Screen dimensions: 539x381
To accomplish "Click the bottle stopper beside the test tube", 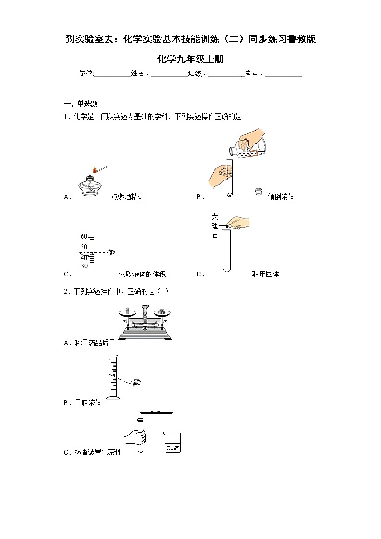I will pyautogui.click(x=258, y=191).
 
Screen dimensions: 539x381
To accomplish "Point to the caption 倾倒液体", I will pyautogui.click(x=281, y=197).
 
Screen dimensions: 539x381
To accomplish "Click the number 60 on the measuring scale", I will pyautogui.click(x=84, y=237).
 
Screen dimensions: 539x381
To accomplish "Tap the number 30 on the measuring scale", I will pyautogui.click(x=84, y=266).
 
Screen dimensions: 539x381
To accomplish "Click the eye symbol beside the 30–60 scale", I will pyautogui.click(x=112, y=252).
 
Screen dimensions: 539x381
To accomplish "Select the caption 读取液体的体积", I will pyautogui.click(x=142, y=275).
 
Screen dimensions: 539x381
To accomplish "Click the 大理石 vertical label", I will pyautogui.click(x=214, y=226).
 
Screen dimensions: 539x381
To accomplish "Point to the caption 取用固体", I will pyautogui.click(x=265, y=275).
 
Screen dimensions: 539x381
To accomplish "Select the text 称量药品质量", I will pyautogui.click(x=95, y=343).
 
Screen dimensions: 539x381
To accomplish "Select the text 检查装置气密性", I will pyautogui.click(x=98, y=452).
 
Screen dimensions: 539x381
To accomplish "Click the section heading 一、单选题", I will pyautogui.click(x=81, y=104).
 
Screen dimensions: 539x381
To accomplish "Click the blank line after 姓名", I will pyautogui.click(x=169, y=74).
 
